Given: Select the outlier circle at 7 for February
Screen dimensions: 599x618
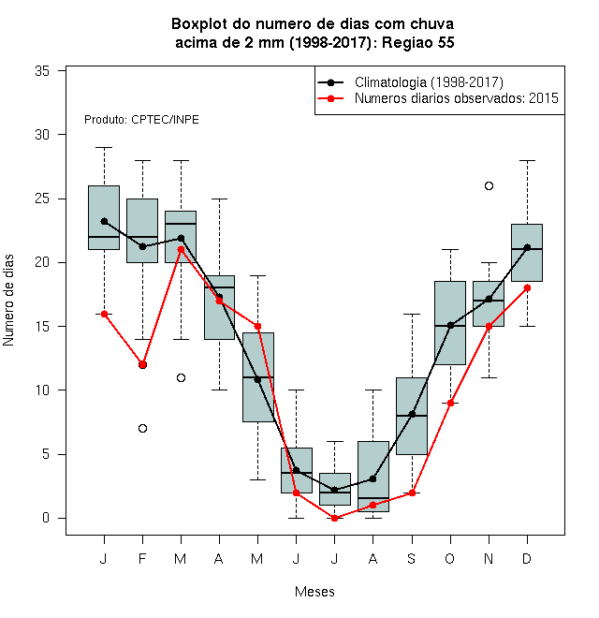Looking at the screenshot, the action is click(142, 428).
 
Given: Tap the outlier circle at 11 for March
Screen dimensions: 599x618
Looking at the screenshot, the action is click(181, 377).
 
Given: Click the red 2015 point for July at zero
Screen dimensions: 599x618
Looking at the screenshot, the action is click(334, 518).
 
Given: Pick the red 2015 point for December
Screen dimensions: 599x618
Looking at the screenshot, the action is click(527, 287).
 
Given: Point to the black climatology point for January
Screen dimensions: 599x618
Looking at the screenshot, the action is click(104, 221).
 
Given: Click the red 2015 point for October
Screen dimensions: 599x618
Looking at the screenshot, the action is click(450, 403).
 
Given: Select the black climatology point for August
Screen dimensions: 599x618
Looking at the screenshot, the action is click(373, 478).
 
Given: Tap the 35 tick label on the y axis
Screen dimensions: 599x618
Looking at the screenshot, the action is click(42, 71).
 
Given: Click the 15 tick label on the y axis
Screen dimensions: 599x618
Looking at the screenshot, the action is click(42, 327).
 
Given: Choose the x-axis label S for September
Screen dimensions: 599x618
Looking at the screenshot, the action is click(412, 558).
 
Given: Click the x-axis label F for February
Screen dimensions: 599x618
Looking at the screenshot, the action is click(142, 558).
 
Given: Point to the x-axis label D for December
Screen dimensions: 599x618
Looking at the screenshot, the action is click(527, 558).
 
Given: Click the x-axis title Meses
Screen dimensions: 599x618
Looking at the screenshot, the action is click(314, 592).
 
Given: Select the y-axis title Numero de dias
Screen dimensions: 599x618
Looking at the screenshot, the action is click(8, 301).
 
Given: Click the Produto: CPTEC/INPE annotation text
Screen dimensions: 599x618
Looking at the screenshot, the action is click(141, 120).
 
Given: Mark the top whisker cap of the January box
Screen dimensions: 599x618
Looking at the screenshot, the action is click(104, 147).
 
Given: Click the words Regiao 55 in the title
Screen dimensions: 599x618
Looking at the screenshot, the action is click(418, 42).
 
